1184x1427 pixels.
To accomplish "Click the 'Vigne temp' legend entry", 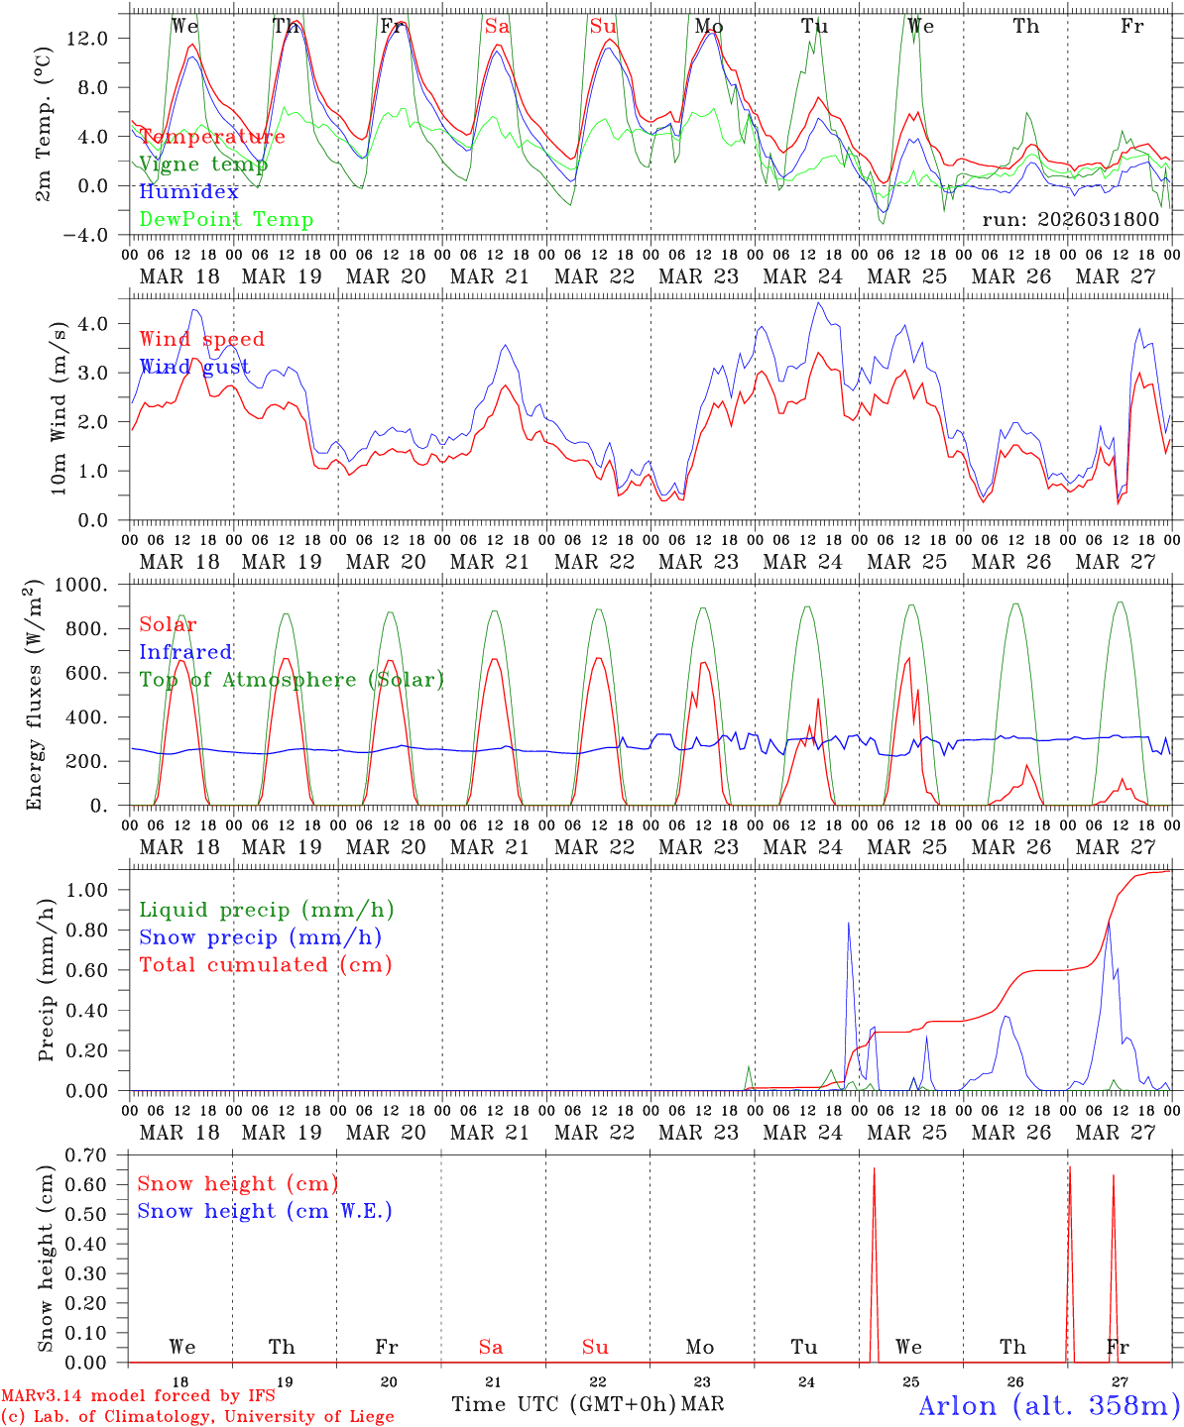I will pos(203,165).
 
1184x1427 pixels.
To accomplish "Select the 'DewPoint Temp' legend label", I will pos(226,220).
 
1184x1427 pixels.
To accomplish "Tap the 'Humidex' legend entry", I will pos(188,192).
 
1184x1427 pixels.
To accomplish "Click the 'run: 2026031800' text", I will pos(1070,219).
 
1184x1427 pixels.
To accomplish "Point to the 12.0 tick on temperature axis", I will pos(89,38).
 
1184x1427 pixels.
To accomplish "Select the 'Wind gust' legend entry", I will pos(194,368).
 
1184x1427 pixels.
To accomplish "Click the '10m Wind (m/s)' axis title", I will pos(58,409).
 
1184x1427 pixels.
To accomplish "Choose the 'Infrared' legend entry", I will pos(185,652).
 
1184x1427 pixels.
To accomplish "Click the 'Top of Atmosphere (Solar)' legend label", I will pos(292,680).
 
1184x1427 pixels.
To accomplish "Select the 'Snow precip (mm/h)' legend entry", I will pos(260,937).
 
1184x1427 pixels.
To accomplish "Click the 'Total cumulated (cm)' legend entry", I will pos(266,965).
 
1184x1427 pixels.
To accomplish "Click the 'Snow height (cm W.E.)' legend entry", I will pos(265,1211).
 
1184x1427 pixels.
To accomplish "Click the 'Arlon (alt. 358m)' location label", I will pos(1048,1405).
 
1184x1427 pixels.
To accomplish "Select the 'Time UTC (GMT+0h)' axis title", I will pos(564,1404).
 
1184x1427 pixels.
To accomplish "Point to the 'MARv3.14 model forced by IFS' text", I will pos(138,1396).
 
